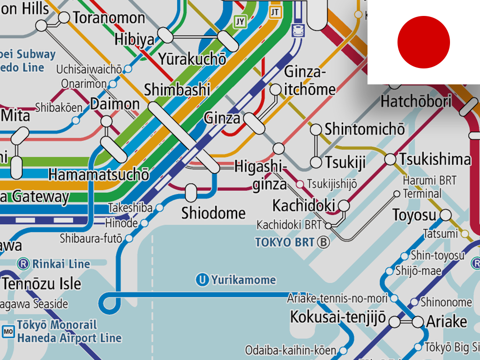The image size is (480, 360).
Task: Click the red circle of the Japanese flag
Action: click(x=423, y=42)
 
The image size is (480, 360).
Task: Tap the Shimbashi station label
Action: click(x=177, y=90)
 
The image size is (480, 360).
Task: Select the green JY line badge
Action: click(x=240, y=22)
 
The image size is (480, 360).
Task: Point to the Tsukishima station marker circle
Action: click(x=390, y=159)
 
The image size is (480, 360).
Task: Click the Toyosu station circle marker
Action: click(x=445, y=215)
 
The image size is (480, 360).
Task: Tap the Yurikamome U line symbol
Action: click(x=202, y=280)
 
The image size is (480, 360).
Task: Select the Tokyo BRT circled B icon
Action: click(x=323, y=242)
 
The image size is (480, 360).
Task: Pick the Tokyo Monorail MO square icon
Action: click(x=8, y=331)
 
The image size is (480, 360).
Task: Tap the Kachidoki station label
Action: click(x=304, y=205)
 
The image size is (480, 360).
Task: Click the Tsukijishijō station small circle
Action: click(x=300, y=184)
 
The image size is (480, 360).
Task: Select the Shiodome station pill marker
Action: click(x=191, y=192)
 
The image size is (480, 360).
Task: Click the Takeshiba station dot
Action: click(x=159, y=207)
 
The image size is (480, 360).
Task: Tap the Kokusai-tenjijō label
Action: click(x=337, y=317)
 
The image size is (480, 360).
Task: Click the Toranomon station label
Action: click(x=109, y=18)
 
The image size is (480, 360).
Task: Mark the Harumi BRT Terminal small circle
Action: click(x=397, y=194)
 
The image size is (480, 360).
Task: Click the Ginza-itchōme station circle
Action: click(x=276, y=90)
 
